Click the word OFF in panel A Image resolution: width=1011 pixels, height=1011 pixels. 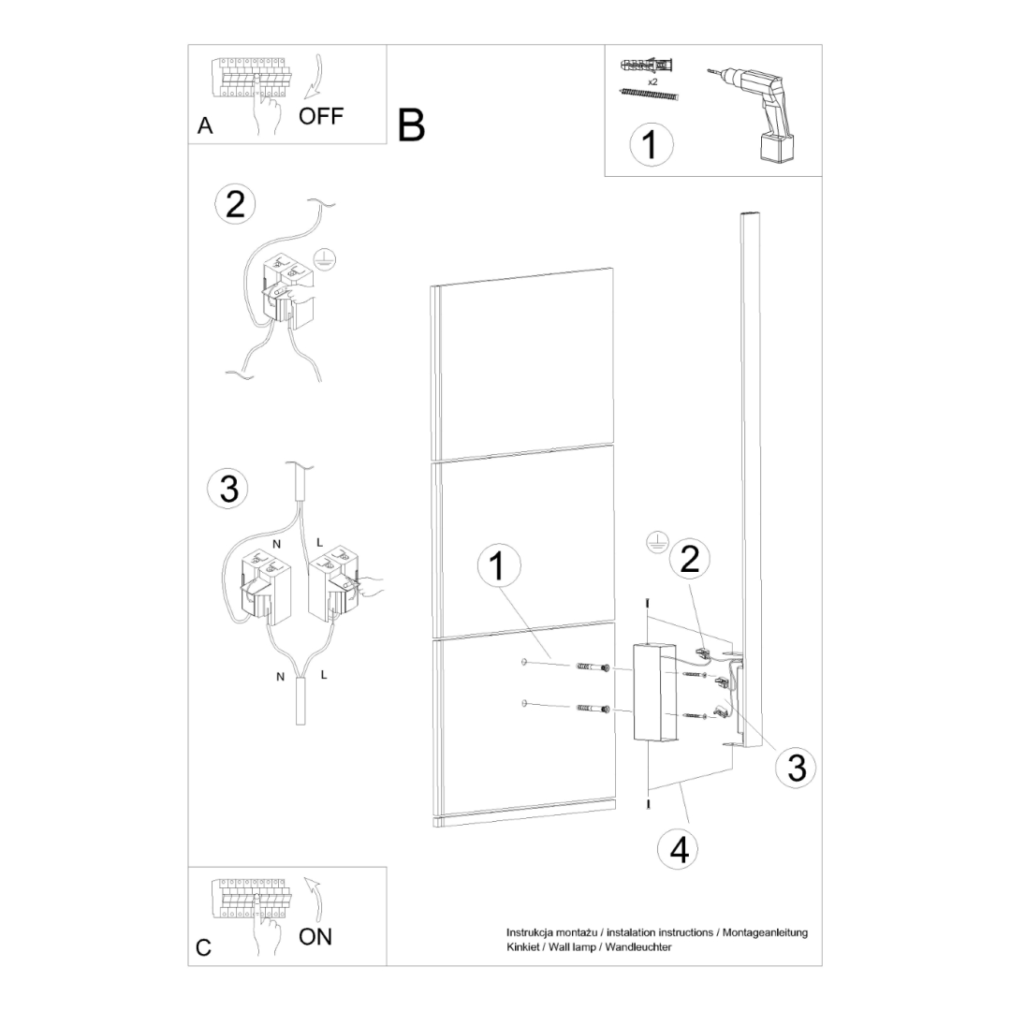tap(321, 116)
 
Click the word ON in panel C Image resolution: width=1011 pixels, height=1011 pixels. tap(315, 936)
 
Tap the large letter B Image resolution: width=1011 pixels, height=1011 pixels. tap(411, 125)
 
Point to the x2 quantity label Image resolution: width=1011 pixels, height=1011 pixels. tap(652, 82)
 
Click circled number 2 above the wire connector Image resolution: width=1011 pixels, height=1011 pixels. tap(234, 204)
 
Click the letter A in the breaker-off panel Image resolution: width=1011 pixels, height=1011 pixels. tap(206, 126)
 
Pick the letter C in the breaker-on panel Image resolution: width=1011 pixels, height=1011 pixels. tap(204, 946)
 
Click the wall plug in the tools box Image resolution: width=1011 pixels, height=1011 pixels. tap(647, 67)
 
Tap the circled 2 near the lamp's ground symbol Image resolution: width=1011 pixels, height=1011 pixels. tap(689, 559)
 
